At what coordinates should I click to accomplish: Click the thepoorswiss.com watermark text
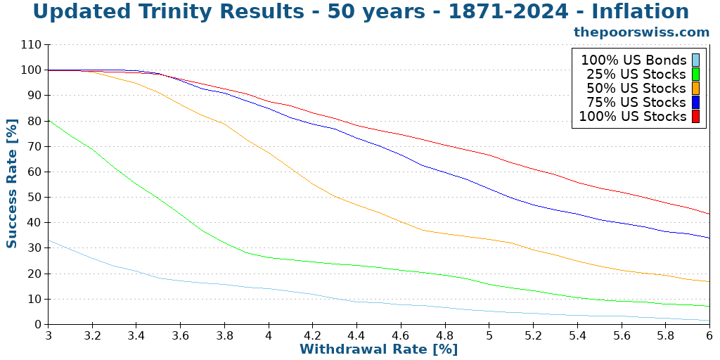point(641,32)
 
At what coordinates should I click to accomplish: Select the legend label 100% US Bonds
point(633,60)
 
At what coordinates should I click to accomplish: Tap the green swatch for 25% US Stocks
point(695,75)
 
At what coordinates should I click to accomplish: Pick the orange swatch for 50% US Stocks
point(695,89)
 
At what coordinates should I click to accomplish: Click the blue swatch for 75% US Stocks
point(695,103)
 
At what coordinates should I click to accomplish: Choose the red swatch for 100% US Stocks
point(695,117)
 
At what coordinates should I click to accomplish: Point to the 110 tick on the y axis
point(31,45)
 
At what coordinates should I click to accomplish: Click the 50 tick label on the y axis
point(34,198)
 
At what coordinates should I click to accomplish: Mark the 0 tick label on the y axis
point(37,325)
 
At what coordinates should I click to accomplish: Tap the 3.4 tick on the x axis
point(136,335)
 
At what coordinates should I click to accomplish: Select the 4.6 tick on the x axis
point(401,335)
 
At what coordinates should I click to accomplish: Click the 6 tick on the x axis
point(709,335)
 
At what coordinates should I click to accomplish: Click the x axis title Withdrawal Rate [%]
point(378,349)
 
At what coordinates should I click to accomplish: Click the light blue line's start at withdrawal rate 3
point(49,240)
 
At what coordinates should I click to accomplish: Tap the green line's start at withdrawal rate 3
point(49,120)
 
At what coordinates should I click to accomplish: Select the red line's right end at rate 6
point(709,214)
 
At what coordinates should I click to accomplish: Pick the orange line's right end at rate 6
point(709,282)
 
